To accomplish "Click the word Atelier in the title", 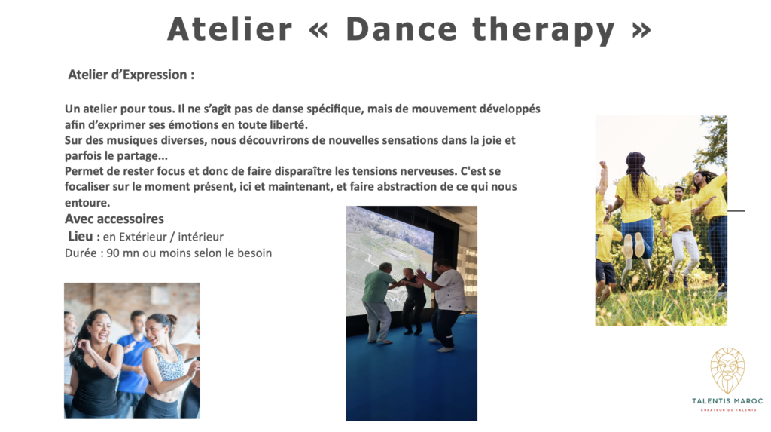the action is pos(230,29).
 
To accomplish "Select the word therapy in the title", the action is pos(544,31).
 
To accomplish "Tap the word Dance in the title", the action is pos(402,29).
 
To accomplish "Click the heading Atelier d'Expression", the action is pos(131,75).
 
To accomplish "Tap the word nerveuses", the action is pos(428,171).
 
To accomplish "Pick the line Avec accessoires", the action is pos(114,219).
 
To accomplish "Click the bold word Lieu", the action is pos(80,237).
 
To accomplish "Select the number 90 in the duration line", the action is pos(113,253).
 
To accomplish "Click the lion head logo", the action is pos(727,370).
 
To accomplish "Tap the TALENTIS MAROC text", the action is pos(727,401).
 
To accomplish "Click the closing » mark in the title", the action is pos(641,30).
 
